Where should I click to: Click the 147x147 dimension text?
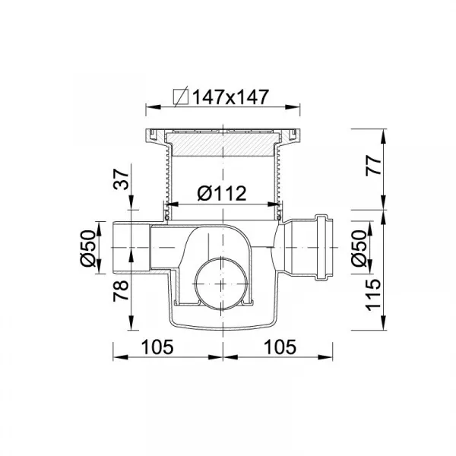pyautogui.click(x=230, y=97)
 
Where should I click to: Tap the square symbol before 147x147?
pyautogui.click(x=181, y=97)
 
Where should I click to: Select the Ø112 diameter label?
pyautogui.click(x=222, y=193)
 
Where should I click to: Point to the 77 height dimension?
pyautogui.click(x=374, y=165)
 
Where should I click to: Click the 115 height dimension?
pyautogui.click(x=374, y=295)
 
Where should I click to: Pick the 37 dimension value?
pyautogui.click(x=121, y=180)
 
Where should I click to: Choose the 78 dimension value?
pyautogui.click(x=121, y=290)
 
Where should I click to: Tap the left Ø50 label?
pyautogui.click(x=88, y=248)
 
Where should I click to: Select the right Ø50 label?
pyautogui.click(x=359, y=248)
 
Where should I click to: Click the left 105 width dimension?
pyautogui.click(x=157, y=347)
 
